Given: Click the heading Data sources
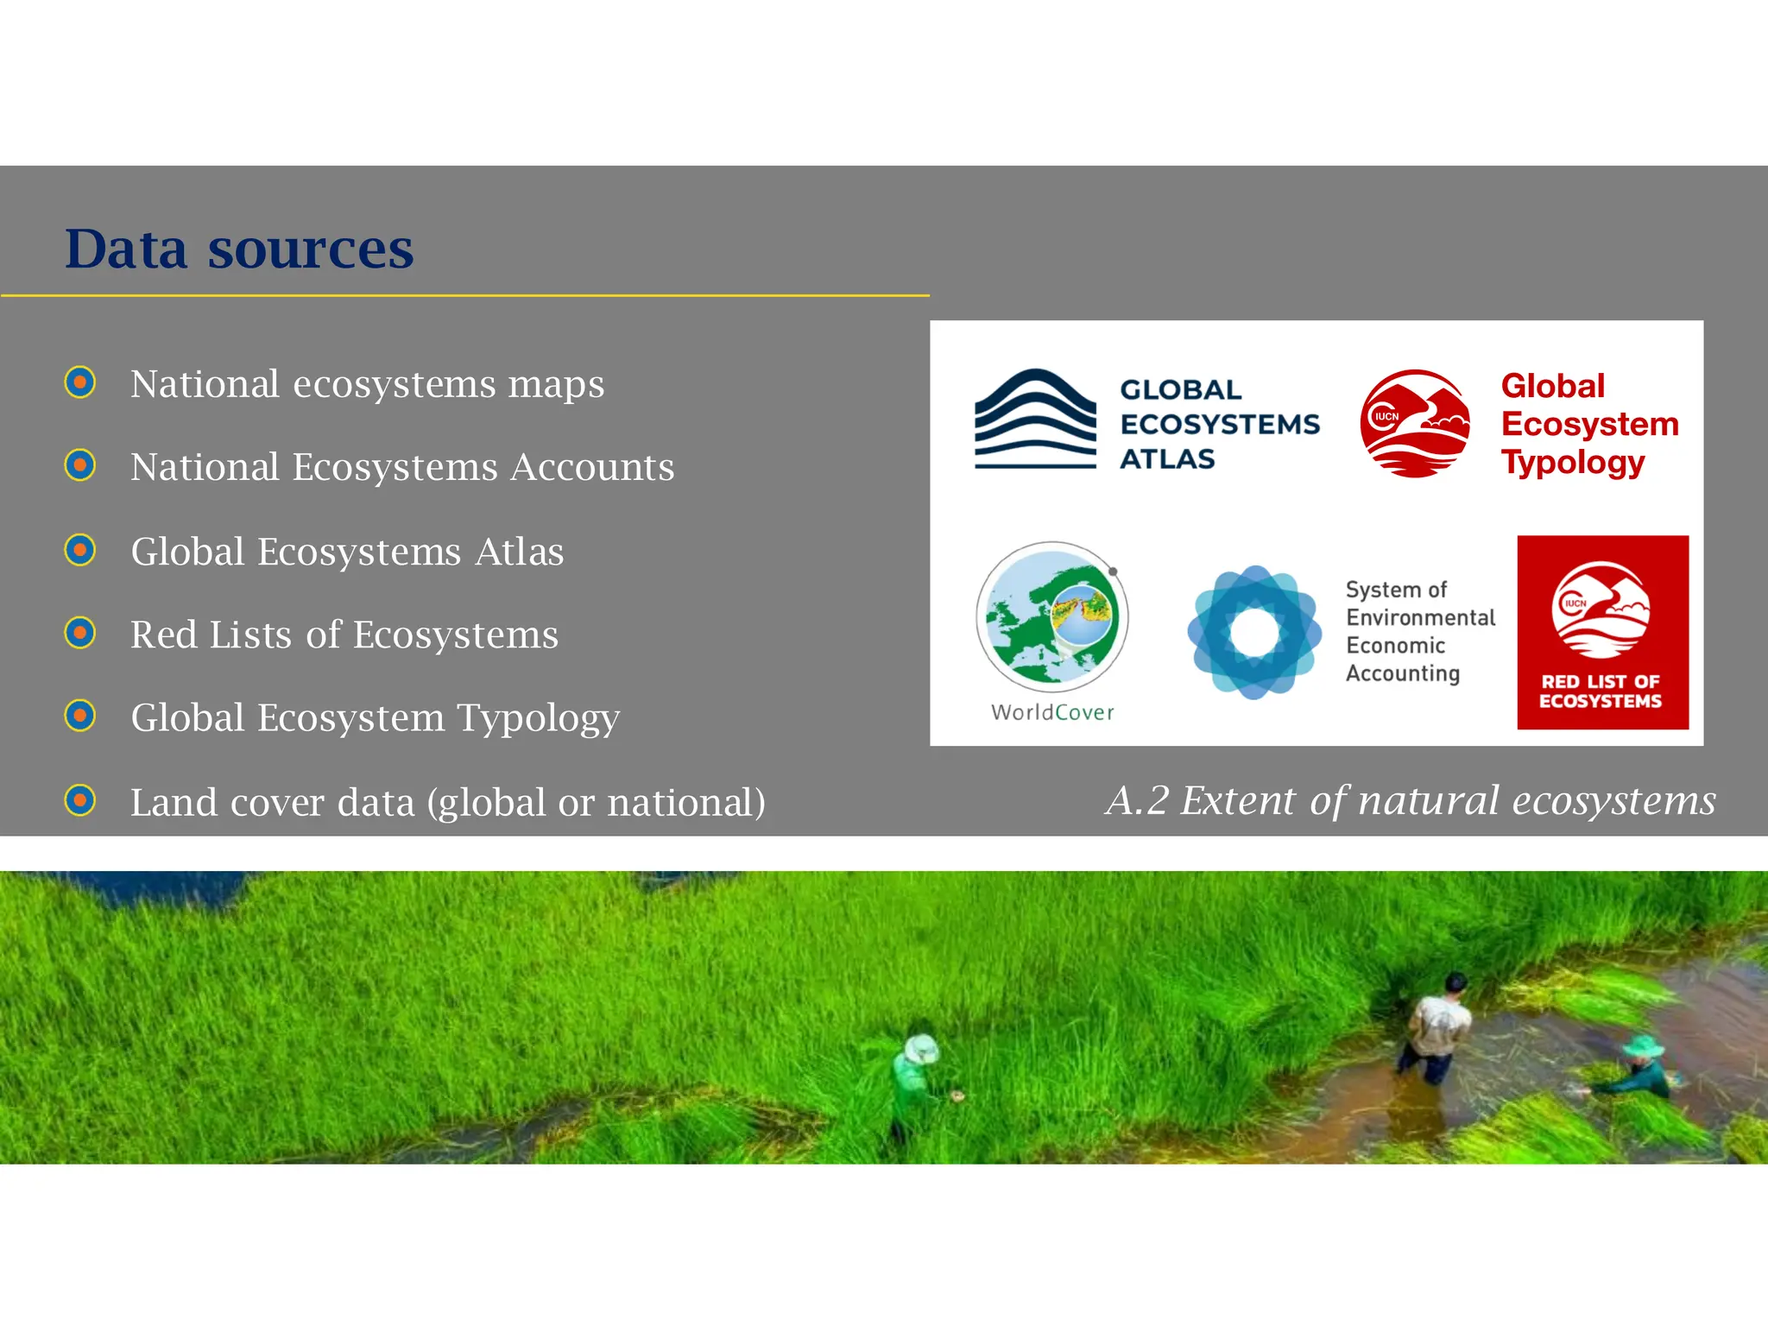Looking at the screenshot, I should coord(239,249).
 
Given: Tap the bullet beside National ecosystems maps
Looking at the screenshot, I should coord(80,382).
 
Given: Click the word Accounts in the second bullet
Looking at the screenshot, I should coord(592,467).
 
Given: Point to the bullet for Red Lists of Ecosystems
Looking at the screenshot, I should coord(80,634).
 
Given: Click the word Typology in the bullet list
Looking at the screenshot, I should coord(538,718).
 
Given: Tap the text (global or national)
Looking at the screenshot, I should coord(596,803).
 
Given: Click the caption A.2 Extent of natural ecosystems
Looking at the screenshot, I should coord(1410,800).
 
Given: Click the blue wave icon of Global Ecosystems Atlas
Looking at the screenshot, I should coord(1035,420).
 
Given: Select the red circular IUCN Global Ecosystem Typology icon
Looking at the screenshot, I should coord(1415,423).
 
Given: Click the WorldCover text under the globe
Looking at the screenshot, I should coord(1052,712).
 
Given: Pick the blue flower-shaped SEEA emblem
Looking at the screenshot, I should coord(1253,633).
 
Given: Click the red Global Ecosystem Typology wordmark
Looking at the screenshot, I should coord(1588,424).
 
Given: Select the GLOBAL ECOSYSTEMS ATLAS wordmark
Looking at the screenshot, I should coord(1218,424).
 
